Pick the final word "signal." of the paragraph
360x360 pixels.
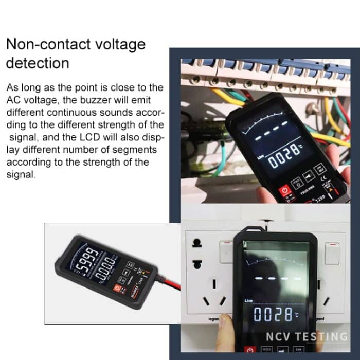21,174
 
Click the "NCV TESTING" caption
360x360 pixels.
307,337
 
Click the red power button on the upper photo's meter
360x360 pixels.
285,191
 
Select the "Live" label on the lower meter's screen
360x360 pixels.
250,299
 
